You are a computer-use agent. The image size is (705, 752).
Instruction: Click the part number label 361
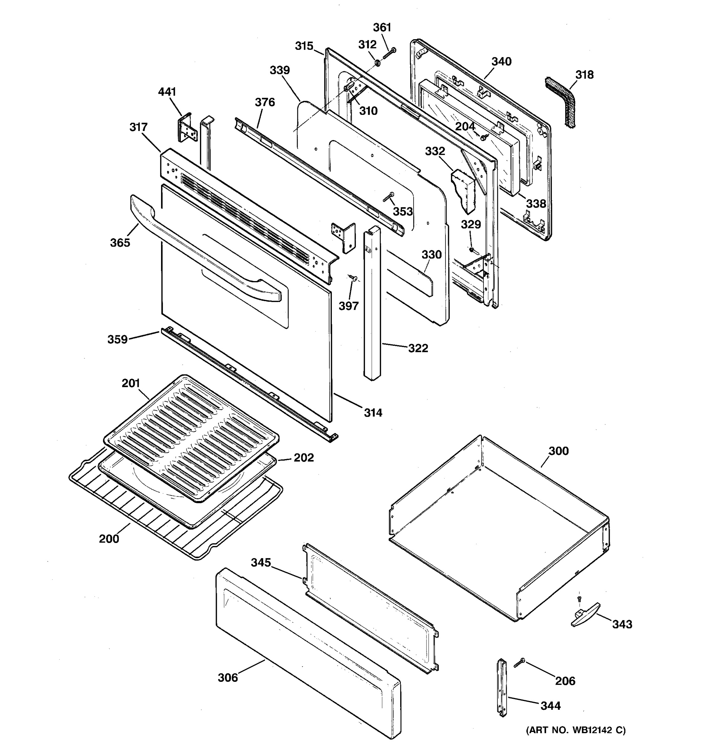[x=382, y=28]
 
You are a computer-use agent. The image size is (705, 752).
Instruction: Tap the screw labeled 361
[x=389, y=53]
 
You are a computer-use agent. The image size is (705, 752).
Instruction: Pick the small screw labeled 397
[x=354, y=278]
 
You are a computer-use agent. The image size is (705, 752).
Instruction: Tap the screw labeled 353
[x=389, y=196]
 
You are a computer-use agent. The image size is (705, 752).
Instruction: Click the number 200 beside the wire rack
[x=109, y=539]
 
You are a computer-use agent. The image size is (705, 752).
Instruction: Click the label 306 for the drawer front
[x=228, y=677]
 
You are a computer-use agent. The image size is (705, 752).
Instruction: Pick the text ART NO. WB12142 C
[x=576, y=730]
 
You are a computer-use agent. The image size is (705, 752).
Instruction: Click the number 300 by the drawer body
[x=559, y=451]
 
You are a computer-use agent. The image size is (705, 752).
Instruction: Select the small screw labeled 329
[x=472, y=249]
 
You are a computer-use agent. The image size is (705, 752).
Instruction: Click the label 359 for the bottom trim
[x=117, y=339]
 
